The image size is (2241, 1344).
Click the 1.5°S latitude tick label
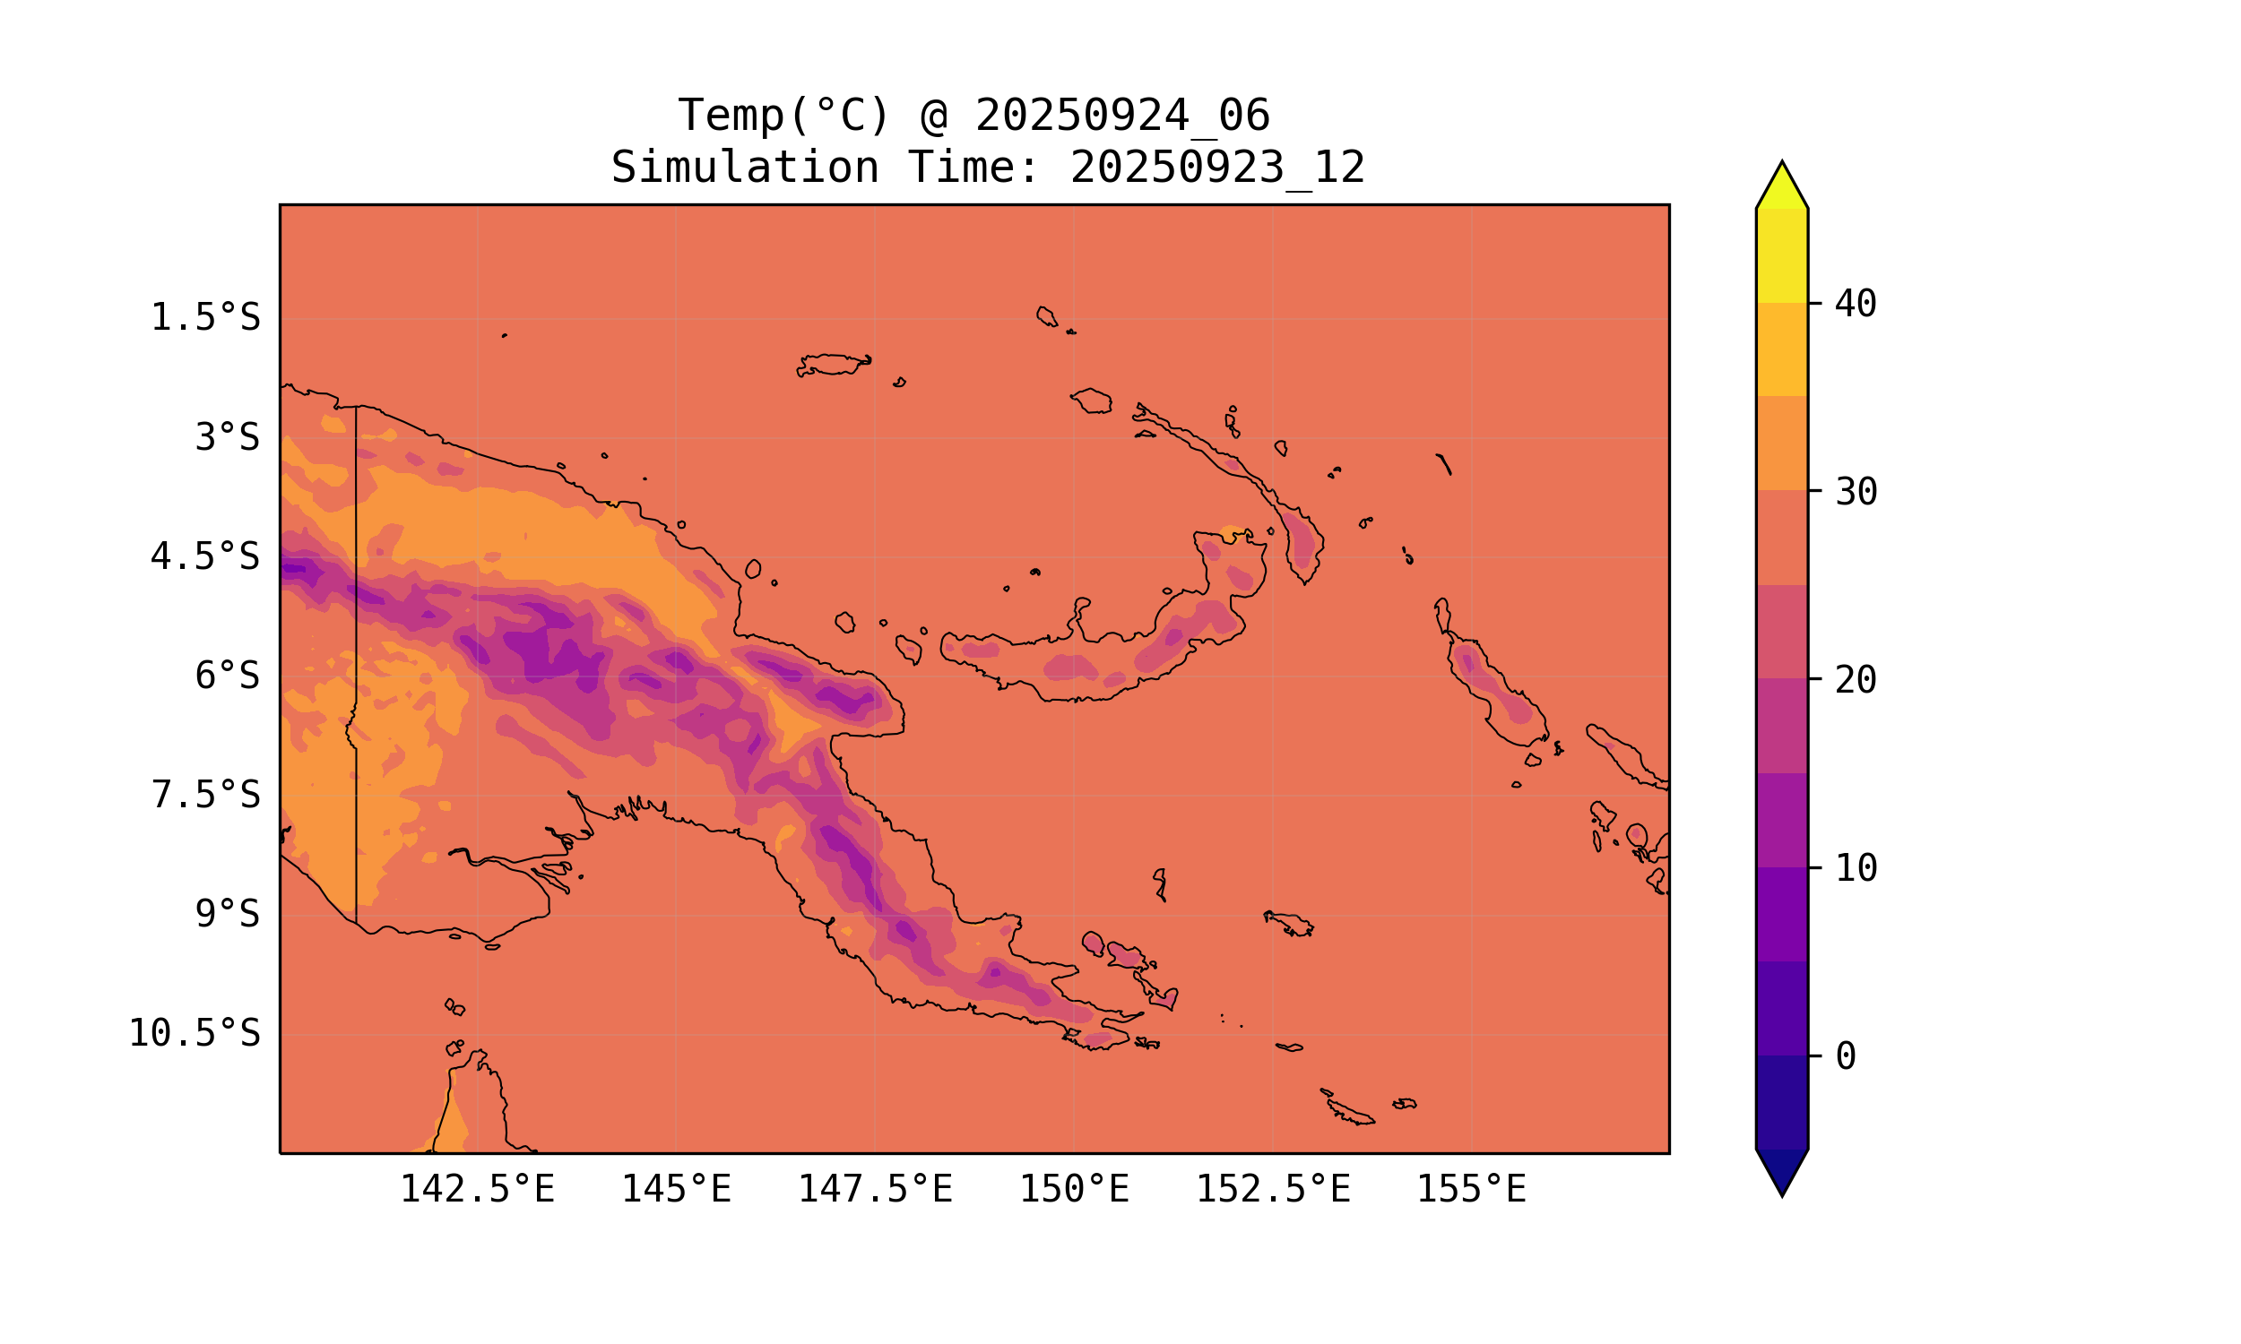click(x=204, y=318)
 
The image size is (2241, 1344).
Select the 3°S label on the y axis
click(x=228, y=437)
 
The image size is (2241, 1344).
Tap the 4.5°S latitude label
click(x=204, y=557)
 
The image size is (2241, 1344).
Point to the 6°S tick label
click(x=228, y=676)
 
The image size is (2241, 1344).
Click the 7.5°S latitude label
click(x=204, y=795)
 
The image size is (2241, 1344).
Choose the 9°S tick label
click(x=228, y=914)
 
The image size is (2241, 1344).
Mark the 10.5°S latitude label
click(x=194, y=1033)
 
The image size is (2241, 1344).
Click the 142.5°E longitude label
click(x=478, y=1189)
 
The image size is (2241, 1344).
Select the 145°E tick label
click(x=676, y=1189)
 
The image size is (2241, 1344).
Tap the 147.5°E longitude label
click(x=875, y=1189)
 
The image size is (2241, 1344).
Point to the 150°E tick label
click(x=1074, y=1189)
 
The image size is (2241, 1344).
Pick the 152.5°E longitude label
click(x=1273, y=1189)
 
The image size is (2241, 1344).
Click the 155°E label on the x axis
click(x=1471, y=1189)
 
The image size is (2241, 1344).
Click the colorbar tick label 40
click(x=1856, y=304)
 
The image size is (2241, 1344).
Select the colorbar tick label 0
click(x=1846, y=1056)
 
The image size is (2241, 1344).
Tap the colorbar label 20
click(x=1856, y=680)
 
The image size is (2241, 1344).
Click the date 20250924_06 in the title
click(x=1122, y=116)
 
